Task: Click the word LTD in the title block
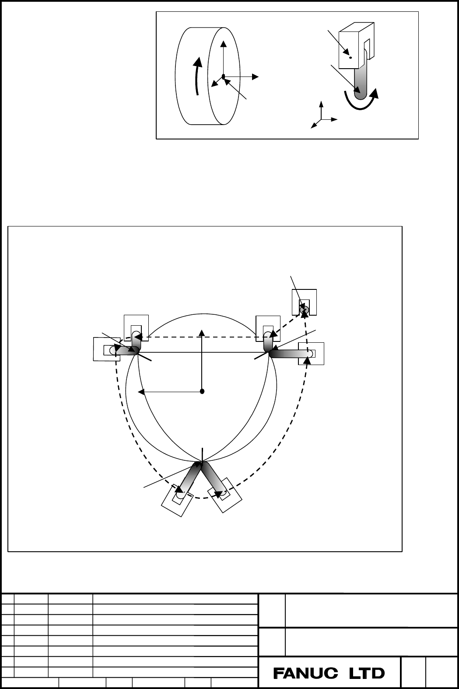pos(367,674)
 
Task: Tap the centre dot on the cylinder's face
pos(224,76)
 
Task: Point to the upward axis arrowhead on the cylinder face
pos(224,44)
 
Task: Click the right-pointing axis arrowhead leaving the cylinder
pos(255,77)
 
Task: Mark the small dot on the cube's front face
pos(350,57)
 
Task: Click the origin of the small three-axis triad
pos(321,119)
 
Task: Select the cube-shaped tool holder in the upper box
pos(356,45)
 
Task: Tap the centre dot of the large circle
pos(202,391)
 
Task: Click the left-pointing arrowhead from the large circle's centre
pos(141,392)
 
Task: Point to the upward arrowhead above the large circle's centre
pos(202,333)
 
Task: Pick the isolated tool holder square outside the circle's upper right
pos(304,302)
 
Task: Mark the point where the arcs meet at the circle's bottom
pos(202,461)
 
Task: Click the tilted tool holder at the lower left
pos(177,500)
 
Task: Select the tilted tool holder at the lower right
pos(225,495)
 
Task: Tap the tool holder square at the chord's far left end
pos(106,349)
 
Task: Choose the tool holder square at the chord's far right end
pos(311,354)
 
